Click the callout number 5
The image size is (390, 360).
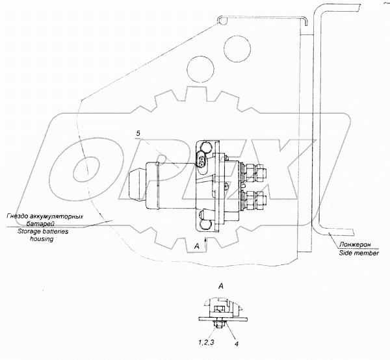(x=138, y=133)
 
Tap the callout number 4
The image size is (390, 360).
(x=237, y=344)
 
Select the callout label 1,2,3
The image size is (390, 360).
(x=206, y=342)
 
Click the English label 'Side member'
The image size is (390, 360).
(x=359, y=253)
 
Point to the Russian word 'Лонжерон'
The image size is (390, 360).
(x=355, y=244)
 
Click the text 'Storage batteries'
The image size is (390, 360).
(x=43, y=231)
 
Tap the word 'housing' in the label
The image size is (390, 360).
(x=42, y=239)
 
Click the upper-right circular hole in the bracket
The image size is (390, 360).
(x=237, y=49)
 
